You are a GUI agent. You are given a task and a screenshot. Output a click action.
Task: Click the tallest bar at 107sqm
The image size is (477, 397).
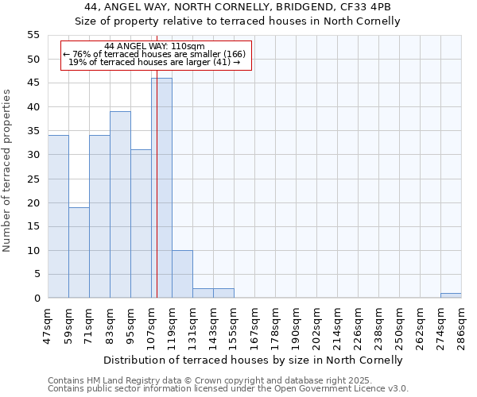point(161,188)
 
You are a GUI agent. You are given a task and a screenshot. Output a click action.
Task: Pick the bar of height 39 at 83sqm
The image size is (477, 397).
point(120,205)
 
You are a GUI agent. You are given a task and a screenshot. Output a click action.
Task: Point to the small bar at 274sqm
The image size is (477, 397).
point(451,296)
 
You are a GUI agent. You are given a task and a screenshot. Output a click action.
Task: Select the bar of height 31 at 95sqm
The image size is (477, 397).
point(141,224)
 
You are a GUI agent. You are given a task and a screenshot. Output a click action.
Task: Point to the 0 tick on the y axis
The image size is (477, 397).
point(36,299)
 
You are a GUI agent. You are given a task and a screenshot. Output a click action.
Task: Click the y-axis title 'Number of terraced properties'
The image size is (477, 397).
point(7,171)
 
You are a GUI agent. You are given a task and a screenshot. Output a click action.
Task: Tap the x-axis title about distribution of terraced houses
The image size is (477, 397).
point(254,360)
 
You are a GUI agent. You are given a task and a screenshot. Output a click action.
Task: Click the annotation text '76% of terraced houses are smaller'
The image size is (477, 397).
point(156,54)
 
